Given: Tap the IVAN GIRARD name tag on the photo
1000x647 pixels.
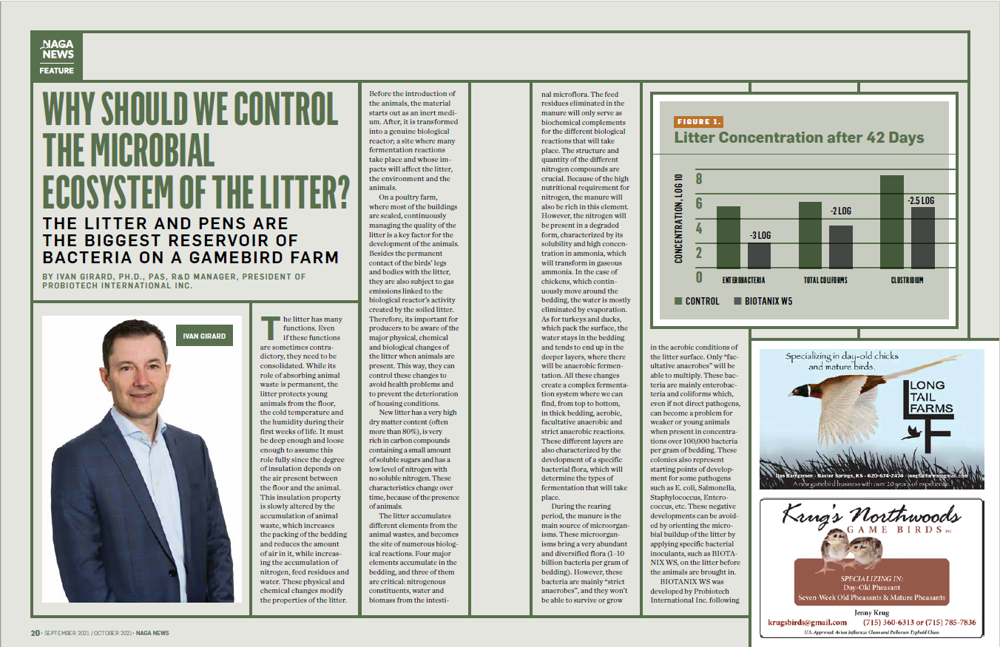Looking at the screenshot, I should pyautogui.click(x=204, y=336).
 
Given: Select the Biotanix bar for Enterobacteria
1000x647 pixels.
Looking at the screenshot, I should pyautogui.click(x=759, y=255).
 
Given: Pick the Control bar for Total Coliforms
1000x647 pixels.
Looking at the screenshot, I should pyautogui.click(x=810, y=235).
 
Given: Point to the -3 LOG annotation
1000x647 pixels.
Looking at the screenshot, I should pyautogui.click(x=760, y=235).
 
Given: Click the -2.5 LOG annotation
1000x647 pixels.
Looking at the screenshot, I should pyautogui.click(x=920, y=200).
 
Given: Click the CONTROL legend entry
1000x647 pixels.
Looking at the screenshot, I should pyautogui.click(x=697, y=301).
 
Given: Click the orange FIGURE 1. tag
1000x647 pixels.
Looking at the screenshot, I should pyautogui.click(x=699, y=122).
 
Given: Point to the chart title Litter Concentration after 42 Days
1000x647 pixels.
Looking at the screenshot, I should pyautogui.click(x=799, y=138).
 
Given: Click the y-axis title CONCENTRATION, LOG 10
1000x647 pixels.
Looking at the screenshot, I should pyautogui.click(x=678, y=217).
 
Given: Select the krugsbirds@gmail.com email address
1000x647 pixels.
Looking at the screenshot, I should pyautogui.click(x=807, y=622).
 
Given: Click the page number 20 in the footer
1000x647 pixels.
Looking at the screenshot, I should pyautogui.click(x=35, y=633).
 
